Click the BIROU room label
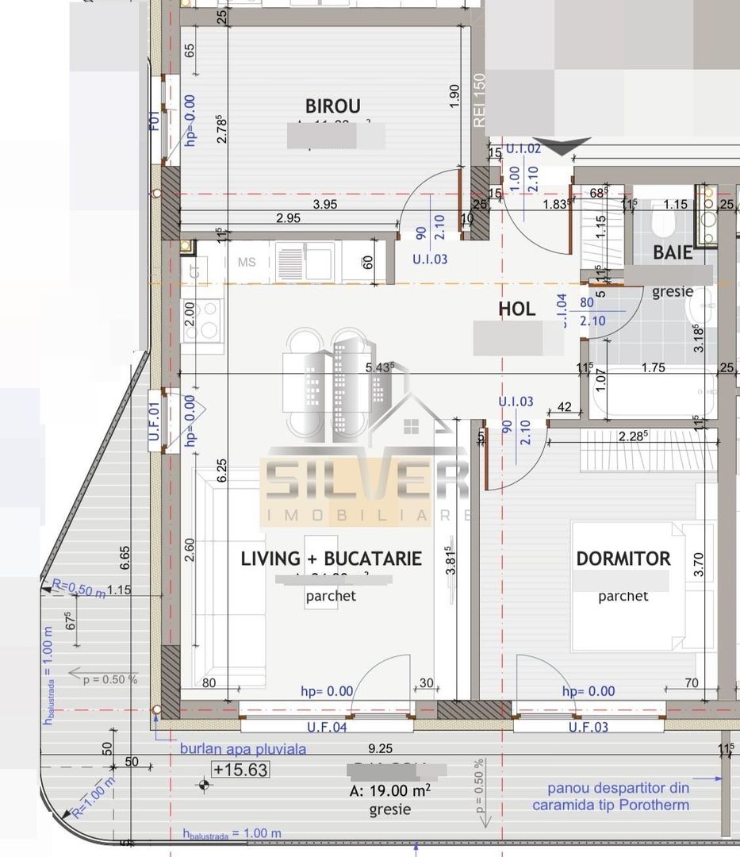333,106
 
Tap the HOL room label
517,309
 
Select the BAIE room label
673,253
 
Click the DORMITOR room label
623,559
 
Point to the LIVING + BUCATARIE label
331,559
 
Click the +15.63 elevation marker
240,770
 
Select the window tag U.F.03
589,727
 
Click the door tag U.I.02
523,148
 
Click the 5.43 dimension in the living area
380,367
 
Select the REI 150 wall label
479,100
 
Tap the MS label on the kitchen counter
247,261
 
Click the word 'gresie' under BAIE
673,291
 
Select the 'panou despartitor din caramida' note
619,797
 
